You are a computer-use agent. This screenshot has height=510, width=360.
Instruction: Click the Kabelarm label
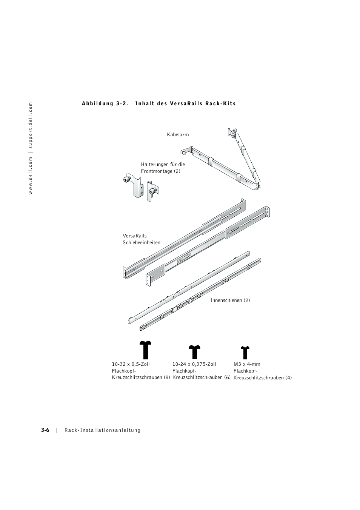178,135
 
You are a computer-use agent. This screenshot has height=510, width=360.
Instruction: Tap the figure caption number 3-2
122,103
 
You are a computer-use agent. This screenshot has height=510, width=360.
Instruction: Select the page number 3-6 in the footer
45,430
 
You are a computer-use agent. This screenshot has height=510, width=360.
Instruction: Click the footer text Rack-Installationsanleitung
102,430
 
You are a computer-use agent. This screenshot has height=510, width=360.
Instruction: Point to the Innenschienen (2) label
230,300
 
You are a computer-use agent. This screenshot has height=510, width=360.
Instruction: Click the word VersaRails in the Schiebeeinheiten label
134,236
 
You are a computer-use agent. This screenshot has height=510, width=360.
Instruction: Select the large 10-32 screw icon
145,350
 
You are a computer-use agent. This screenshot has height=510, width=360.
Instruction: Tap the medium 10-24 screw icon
195,351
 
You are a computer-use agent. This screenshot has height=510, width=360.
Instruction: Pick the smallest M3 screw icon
245,352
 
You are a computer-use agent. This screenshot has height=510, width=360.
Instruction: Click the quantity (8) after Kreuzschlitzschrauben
166,377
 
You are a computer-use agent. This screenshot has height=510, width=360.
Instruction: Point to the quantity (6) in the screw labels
227,377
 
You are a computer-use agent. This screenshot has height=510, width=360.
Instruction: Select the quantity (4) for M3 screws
288,378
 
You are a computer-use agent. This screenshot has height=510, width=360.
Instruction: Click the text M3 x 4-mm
247,364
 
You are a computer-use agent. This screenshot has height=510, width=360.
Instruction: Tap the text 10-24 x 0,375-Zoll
194,364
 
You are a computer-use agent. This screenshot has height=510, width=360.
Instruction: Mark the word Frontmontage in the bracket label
157,171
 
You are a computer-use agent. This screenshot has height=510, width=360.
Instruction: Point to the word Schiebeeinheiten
141,243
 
